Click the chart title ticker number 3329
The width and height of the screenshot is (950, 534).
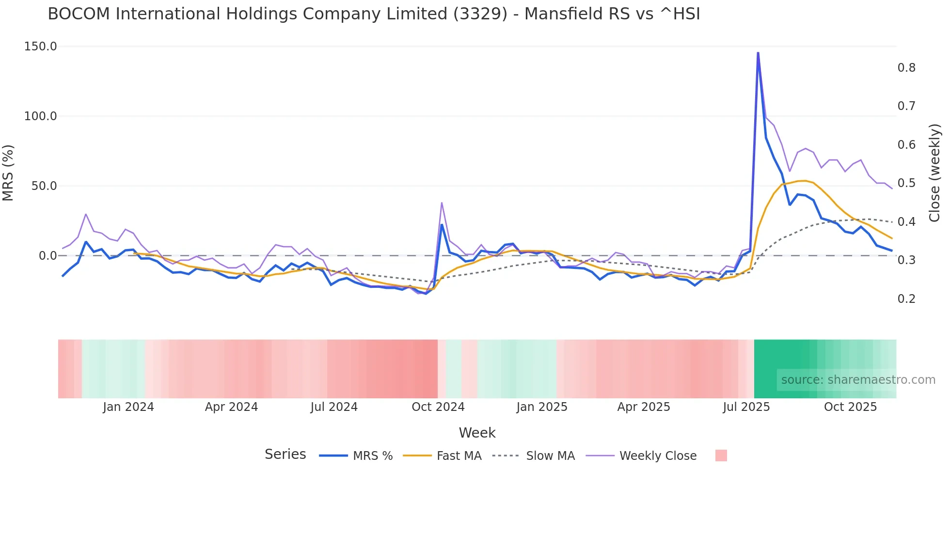click(x=480, y=14)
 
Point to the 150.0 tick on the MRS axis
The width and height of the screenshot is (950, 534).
click(x=41, y=47)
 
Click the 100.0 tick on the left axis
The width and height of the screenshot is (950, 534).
click(x=41, y=116)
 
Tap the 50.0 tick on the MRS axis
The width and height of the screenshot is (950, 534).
click(x=44, y=186)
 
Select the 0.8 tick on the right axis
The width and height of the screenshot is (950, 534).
click(x=906, y=68)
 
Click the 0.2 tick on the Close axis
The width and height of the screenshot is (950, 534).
click(x=906, y=299)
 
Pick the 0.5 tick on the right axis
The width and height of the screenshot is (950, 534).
click(x=906, y=183)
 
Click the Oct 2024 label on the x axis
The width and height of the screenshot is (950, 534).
click(x=438, y=407)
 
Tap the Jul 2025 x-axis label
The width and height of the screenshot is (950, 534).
click(x=746, y=407)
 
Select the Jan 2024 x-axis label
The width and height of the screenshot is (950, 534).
click(x=128, y=407)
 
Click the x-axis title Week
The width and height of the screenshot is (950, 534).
click(x=477, y=433)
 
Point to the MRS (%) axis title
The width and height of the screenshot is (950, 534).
click(x=8, y=173)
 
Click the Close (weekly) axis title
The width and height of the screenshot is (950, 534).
click(x=934, y=173)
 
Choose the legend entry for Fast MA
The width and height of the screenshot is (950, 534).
click(x=459, y=456)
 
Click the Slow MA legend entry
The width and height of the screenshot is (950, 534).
click(x=550, y=456)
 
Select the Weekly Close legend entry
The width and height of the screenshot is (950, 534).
click(x=658, y=456)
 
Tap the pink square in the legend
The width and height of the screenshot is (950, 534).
click(x=721, y=455)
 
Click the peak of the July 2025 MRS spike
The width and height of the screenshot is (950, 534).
click(x=758, y=53)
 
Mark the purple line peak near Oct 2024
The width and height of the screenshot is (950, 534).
click(x=442, y=203)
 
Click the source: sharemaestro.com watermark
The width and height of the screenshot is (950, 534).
click(x=858, y=380)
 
